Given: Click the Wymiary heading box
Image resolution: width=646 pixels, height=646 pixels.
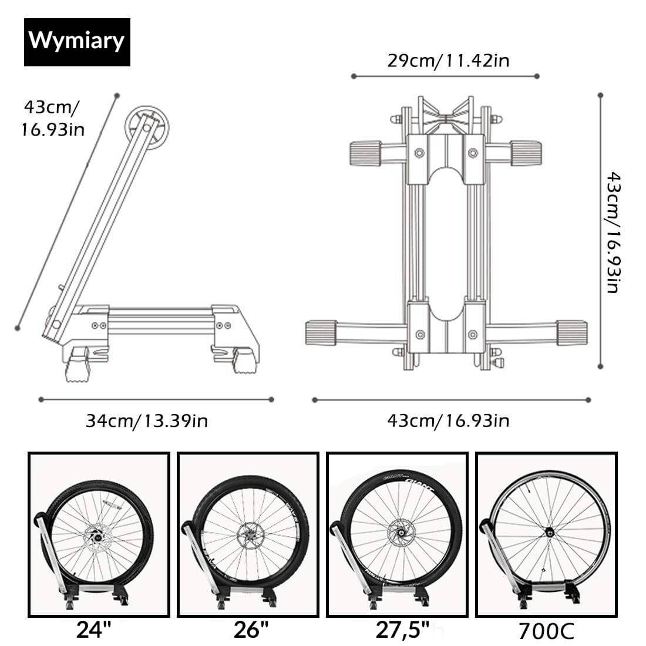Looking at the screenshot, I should point(77,42).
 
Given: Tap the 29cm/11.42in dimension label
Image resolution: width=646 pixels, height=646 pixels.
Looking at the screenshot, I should point(448,61).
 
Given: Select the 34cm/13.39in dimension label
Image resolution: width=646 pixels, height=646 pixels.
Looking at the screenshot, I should point(147,420).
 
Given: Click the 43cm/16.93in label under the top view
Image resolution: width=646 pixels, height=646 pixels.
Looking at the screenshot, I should point(448,420).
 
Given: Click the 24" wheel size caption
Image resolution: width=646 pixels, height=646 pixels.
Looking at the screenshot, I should point(94,630).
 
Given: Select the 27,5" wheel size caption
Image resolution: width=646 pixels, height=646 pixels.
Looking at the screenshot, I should point(402,630).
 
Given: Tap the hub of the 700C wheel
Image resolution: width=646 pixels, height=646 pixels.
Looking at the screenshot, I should point(550,533).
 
